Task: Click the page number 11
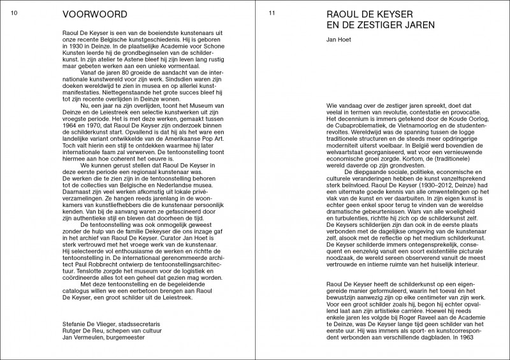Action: (x=272, y=13)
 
